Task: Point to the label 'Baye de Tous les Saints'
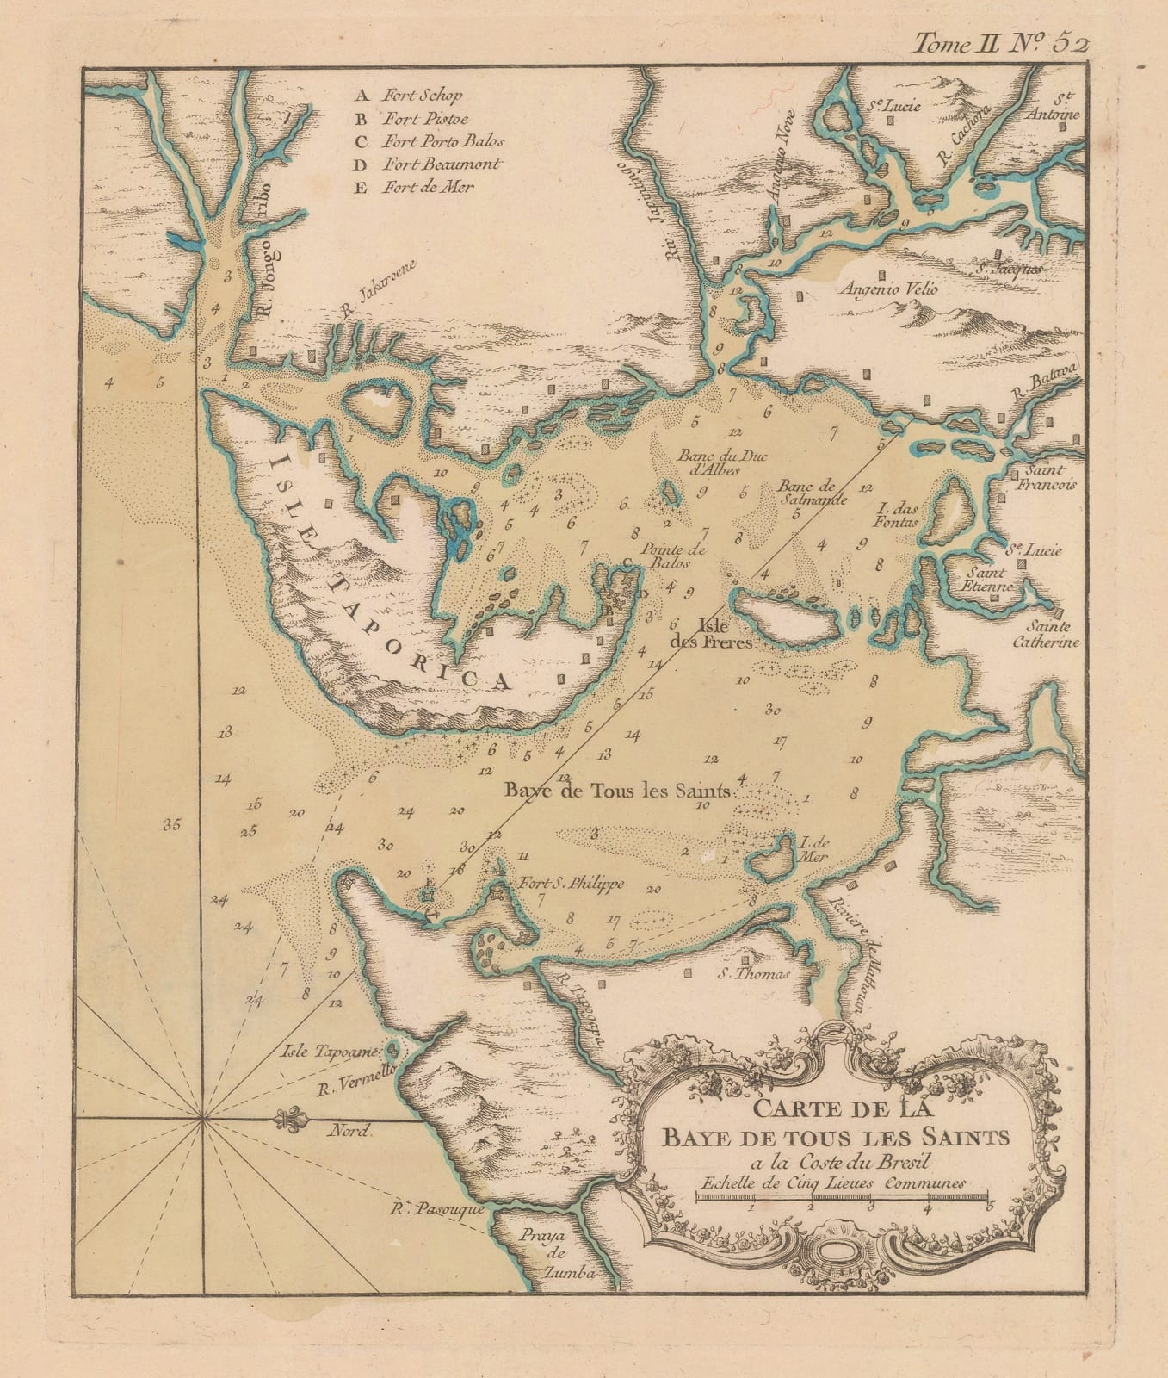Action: click(x=617, y=791)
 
